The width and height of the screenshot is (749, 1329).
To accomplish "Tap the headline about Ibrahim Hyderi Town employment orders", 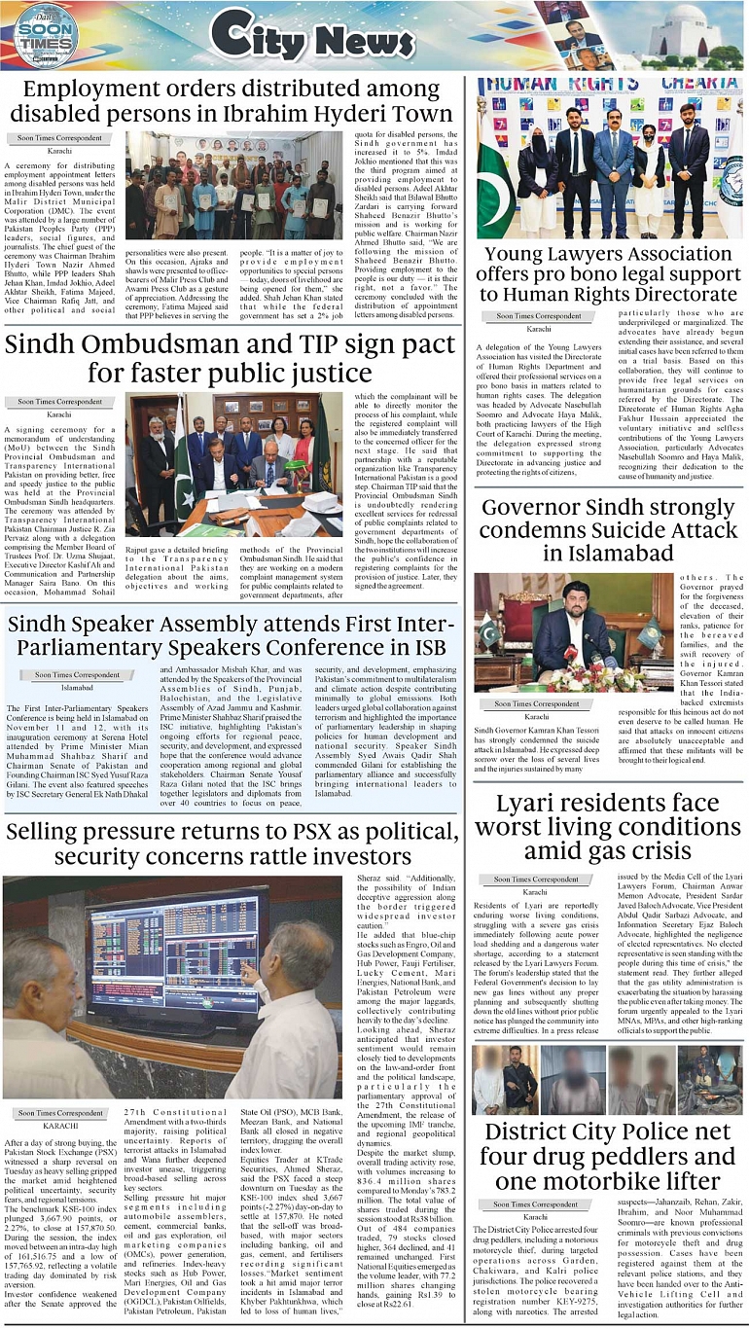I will tap(237, 103).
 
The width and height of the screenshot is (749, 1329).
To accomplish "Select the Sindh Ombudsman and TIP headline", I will tap(230, 359).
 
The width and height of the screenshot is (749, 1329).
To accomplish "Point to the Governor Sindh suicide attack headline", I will tap(608, 529).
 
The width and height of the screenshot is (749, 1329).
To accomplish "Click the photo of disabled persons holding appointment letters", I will tap(233, 185).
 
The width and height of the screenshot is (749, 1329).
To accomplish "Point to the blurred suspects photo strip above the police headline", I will tap(607, 1079).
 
